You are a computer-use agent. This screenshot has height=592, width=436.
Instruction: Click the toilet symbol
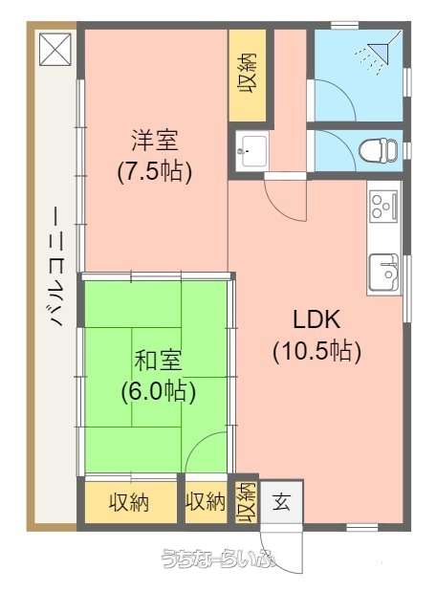click(x=378, y=151)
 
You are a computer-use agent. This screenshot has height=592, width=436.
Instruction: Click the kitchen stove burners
click(x=383, y=207)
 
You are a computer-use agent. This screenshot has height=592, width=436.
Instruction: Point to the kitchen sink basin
click(x=384, y=273)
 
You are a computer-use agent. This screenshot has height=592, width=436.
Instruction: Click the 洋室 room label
click(x=154, y=141)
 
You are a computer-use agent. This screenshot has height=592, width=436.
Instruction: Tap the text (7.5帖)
click(x=154, y=172)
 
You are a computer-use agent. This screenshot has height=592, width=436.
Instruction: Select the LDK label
click(x=316, y=319)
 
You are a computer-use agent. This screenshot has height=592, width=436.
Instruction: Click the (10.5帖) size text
click(x=317, y=352)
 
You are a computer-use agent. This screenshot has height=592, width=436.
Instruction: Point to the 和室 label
click(x=158, y=360)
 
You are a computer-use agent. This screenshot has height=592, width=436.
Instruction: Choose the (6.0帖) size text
click(x=158, y=391)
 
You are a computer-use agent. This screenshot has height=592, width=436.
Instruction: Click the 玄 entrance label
click(x=281, y=502)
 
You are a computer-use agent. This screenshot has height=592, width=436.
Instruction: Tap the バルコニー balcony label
click(x=56, y=267)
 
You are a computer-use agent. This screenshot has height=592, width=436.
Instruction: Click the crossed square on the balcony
click(x=55, y=49)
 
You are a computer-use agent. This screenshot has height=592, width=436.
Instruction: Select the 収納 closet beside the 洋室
click(x=248, y=74)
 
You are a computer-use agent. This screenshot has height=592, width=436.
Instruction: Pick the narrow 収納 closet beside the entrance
click(x=246, y=502)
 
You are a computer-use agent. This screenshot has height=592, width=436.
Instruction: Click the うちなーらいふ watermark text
click(x=218, y=559)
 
